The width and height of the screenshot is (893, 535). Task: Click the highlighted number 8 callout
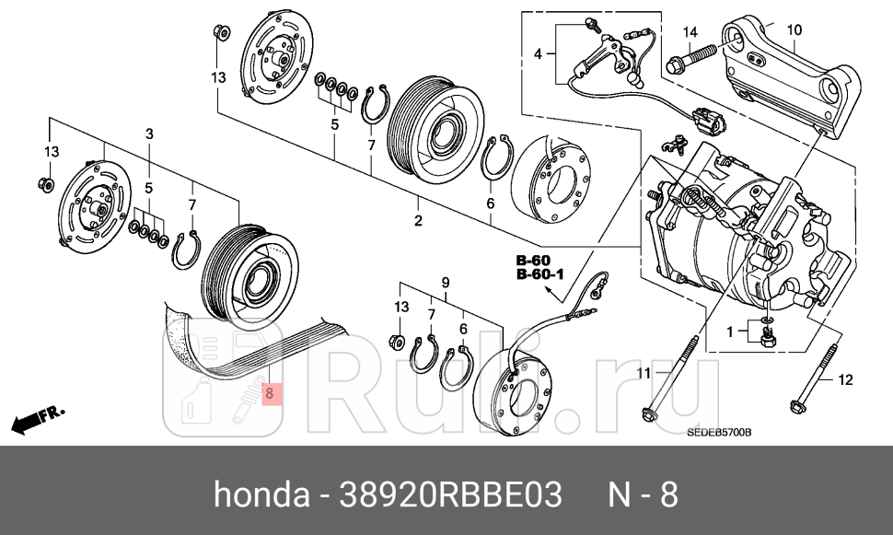click(x=270, y=393)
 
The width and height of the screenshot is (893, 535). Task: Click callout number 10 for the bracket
click(x=794, y=31)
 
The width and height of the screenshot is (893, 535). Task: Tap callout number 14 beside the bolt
click(x=690, y=33)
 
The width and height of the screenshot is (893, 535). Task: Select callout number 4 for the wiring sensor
click(x=539, y=54)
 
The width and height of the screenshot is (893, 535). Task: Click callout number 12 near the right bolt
click(x=847, y=379)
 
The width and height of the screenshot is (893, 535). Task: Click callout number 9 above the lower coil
click(x=445, y=281)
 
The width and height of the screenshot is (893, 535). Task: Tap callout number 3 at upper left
click(x=149, y=134)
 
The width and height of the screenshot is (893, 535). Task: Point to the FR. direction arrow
click(x=37, y=420)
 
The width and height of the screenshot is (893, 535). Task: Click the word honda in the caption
click(x=261, y=494)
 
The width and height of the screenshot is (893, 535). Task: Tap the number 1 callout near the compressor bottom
click(x=730, y=331)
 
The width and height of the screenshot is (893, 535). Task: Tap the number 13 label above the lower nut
click(x=401, y=306)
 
